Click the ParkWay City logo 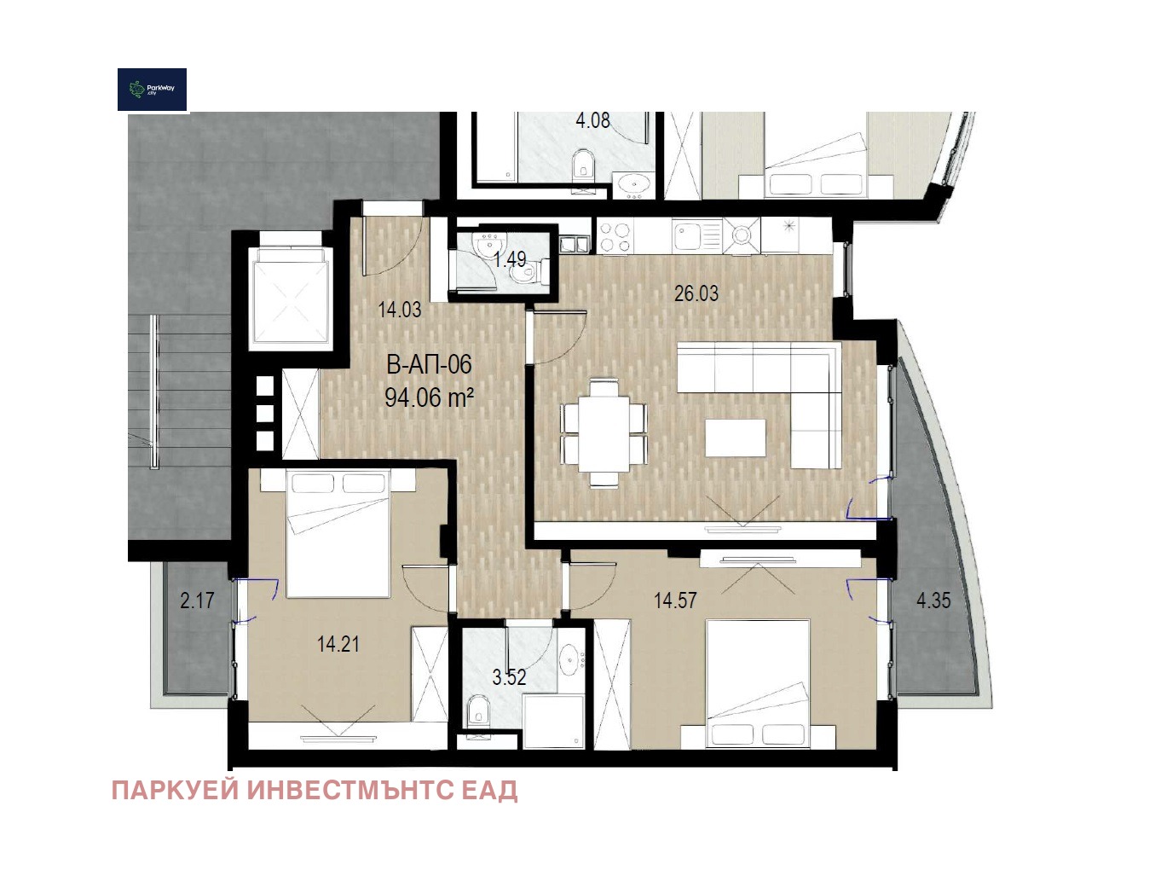[152, 89]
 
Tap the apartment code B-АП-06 [429, 364]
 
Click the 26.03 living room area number [696, 293]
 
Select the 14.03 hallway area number [400, 309]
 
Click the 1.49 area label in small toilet [510, 258]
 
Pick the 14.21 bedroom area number [338, 644]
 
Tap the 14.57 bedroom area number [675, 600]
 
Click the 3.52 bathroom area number [509, 677]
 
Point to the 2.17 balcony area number [197, 600]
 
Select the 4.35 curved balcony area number [933, 600]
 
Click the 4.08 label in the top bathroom [592, 120]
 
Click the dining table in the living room [603, 432]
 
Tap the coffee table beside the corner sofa [735, 438]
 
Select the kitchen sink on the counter [696, 236]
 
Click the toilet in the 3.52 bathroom [477, 710]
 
